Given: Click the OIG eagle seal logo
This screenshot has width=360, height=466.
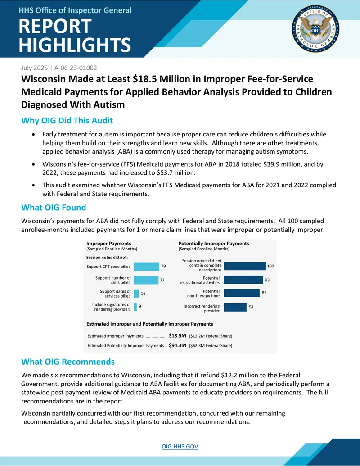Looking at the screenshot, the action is pyautogui.click(x=316, y=29).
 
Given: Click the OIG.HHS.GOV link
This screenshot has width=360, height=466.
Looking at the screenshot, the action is pyautogui.click(x=180, y=446).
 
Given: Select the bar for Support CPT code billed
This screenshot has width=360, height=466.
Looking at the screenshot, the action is pyautogui.click(x=146, y=267).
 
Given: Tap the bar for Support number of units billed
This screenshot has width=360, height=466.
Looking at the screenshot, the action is pyautogui.click(x=146, y=280).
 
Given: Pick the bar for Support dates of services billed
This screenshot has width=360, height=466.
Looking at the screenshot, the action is pyautogui.click(x=136, y=293).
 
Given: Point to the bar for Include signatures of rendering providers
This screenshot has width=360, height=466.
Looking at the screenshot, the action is pyautogui.click(x=135, y=307).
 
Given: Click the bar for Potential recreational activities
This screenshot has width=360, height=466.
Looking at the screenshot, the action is pyautogui.click(x=243, y=280).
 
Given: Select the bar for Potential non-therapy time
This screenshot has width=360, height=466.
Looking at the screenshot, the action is pyautogui.click(x=242, y=293).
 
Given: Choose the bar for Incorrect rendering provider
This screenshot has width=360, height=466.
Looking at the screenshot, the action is pyautogui.click(x=235, y=308).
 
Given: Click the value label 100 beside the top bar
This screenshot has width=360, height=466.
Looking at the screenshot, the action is pyautogui.click(x=270, y=266).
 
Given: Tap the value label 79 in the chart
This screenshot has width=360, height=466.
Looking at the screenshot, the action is pyautogui.click(x=163, y=266).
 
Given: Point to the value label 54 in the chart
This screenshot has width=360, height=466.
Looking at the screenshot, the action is pyautogui.click(x=251, y=307).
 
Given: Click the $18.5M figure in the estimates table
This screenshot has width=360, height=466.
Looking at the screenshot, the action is pyautogui.click(x=178, y=335).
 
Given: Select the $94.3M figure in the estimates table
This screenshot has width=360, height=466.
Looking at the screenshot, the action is pyautogui.click(x=178, y=345).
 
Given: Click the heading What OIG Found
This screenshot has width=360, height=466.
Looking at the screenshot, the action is pyautogui.click(x=54, y=208).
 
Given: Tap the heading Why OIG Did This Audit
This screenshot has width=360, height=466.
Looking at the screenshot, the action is pyautogui.click(x=67, y=120).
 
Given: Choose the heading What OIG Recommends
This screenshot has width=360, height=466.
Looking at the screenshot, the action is pyautogui.click(x=67, y=362).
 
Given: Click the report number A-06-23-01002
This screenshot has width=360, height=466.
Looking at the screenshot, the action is pyautogui.click(x=76, y=68).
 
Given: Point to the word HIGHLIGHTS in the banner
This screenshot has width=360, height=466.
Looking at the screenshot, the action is pyautogui.click(x=75, y=45).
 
